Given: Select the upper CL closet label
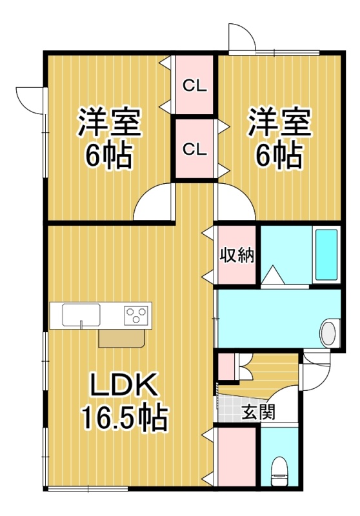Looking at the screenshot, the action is click(x=195, y=86).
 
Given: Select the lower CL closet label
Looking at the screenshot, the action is click(x=195, y=150).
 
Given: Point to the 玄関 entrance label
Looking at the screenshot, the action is click(x=258, y=412).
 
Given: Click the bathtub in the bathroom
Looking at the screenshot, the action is click(x=326, y=254).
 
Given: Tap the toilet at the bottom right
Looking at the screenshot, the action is click(x=279, y=471).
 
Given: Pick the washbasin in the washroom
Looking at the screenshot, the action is click(x=328, y=332).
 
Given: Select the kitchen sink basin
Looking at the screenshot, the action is click(x=81, y=315).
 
